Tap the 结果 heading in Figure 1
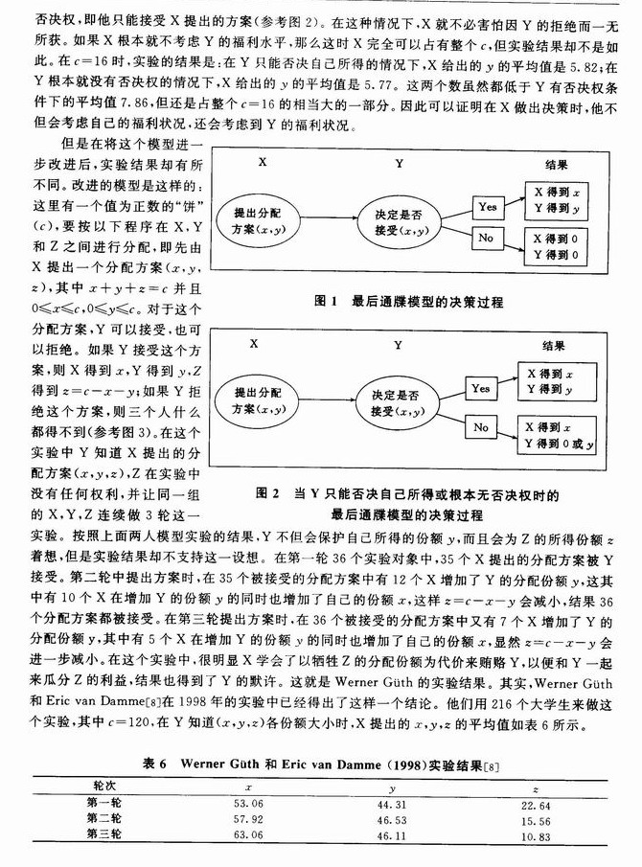coord(553,163)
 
